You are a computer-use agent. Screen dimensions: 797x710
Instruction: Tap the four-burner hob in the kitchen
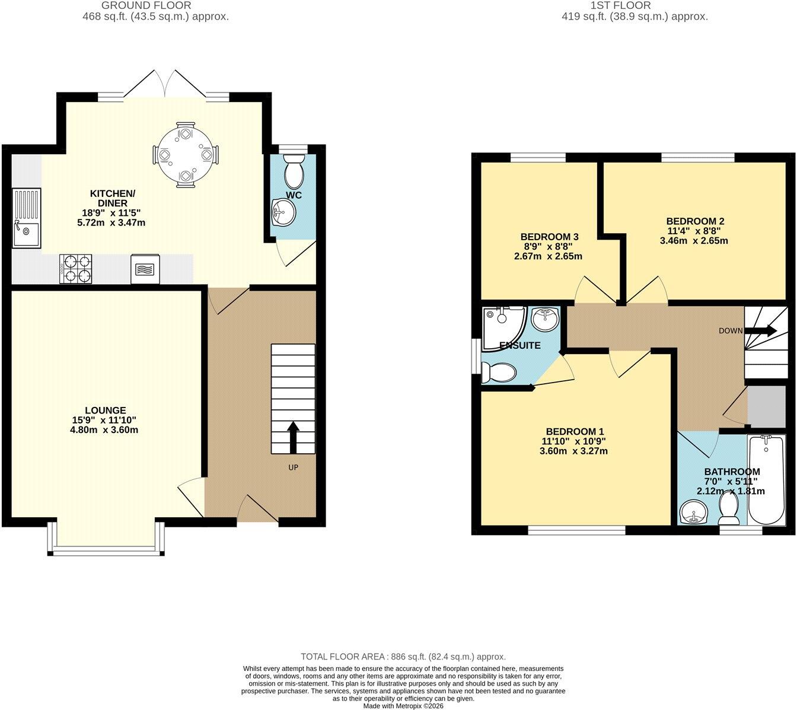[x=76, y=269]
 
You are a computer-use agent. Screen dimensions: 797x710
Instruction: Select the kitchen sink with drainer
[x=26, y=218]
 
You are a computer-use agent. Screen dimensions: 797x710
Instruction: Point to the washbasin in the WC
[x=283, y=212]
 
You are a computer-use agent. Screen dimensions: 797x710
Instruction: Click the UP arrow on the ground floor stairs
[x=293, y=437]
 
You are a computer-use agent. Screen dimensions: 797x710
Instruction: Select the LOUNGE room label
[x=106, y=410]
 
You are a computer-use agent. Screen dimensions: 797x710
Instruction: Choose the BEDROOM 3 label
[x=549, y=237]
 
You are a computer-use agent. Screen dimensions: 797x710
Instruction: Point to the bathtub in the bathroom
[x=766, y=480]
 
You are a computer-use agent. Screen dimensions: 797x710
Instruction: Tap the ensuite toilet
[x=498, y=372]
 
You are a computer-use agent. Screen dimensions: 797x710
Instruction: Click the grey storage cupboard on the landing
[x=766, y=406]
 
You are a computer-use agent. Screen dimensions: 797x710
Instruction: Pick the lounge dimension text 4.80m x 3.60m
[x=104, y=429]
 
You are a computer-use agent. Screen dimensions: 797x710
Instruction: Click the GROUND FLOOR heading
[x=146, y=5]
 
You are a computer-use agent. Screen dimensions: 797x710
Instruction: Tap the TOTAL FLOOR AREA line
[x=403, y=657]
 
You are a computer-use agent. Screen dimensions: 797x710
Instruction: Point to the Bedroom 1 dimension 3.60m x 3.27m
[x=573, y=451]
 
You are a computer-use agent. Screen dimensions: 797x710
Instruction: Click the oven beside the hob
[x=145, y=269]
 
